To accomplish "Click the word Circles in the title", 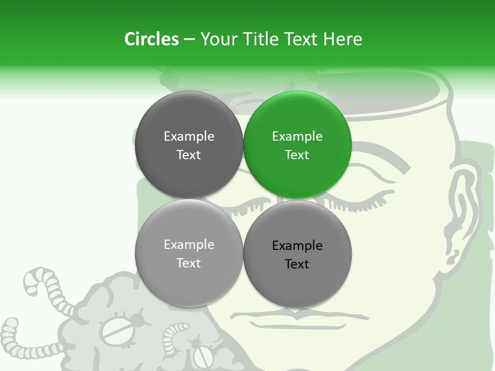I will pos(151,39).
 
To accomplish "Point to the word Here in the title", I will pos(343,39).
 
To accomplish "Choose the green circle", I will pos(298,145).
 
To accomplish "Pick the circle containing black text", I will pos(298,254).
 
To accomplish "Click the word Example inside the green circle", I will pos(297,137).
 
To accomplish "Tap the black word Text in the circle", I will pos(297,264).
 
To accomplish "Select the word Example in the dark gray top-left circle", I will pos(189,137).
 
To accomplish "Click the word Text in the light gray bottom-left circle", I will pos(189,263).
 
